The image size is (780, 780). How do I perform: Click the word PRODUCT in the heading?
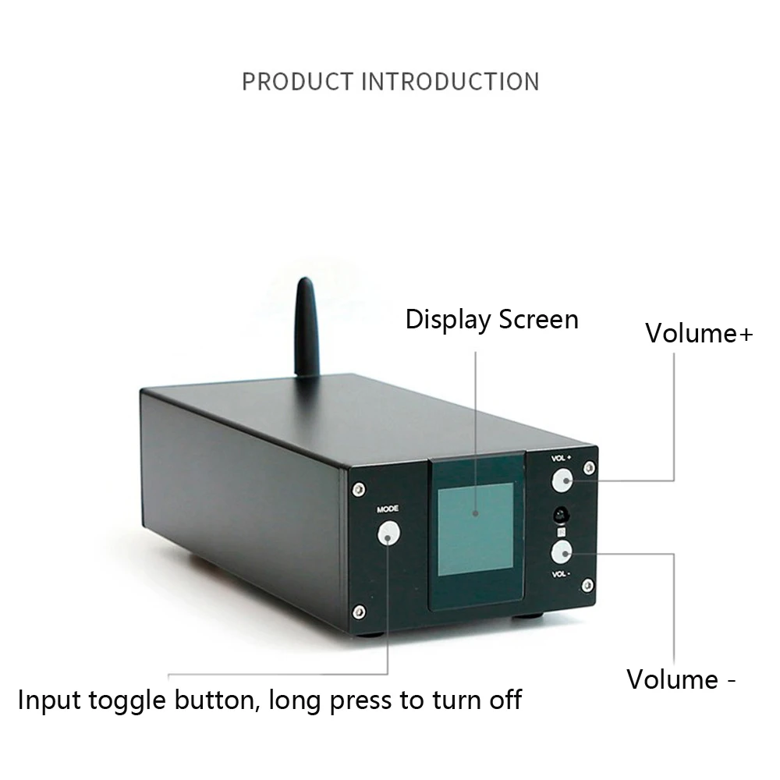coord(297,81)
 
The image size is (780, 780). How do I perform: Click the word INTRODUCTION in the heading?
coord(449,81)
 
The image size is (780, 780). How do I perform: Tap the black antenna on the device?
coord(306,328)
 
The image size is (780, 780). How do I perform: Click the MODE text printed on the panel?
coord(388,509)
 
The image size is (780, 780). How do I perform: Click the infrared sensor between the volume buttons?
coord(561,516)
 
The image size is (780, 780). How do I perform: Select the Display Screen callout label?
coord(491,320)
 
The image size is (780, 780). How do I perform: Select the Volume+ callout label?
coord(699,333)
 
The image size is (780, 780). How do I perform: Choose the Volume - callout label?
coord(681,679)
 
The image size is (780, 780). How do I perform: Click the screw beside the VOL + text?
coord(589,467)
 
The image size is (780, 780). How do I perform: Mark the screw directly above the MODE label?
coord(357,489)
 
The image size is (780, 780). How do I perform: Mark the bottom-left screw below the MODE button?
coord(359,611)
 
